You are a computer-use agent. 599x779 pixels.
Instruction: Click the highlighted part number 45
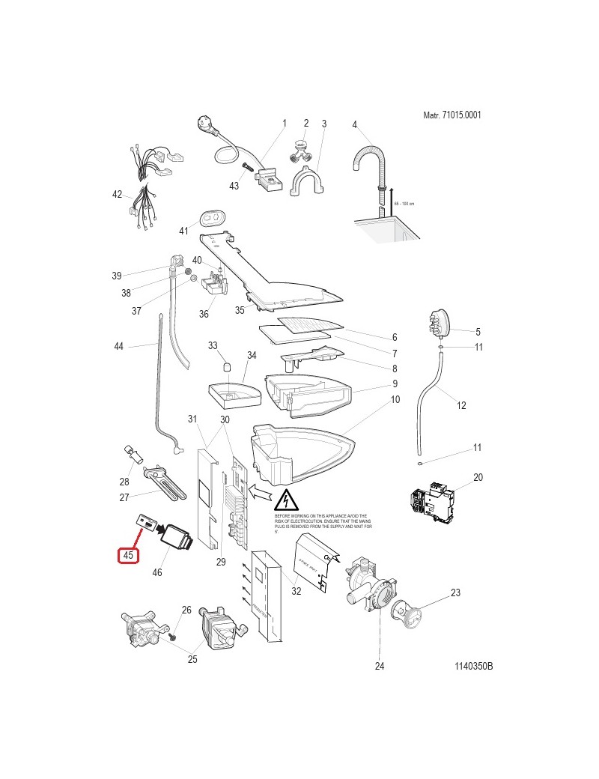128,556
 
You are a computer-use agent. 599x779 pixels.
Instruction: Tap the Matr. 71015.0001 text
451,115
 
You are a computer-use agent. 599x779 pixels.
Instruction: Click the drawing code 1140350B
473,667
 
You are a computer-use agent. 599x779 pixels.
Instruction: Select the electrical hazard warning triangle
287,500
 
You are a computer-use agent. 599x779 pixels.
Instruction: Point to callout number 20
478,477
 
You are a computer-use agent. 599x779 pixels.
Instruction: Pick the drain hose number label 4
354,124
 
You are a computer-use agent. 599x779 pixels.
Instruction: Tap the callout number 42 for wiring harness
117,195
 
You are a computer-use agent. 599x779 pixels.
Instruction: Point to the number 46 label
157,573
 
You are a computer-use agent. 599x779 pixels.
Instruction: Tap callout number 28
124,482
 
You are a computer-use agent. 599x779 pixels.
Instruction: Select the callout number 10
395,400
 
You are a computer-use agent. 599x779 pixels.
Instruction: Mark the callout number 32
297,591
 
